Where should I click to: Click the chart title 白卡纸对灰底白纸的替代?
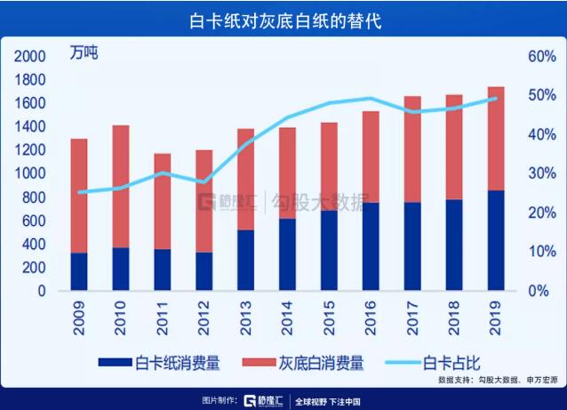(x=283, y=19)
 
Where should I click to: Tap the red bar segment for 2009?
(x=79, y=196)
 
